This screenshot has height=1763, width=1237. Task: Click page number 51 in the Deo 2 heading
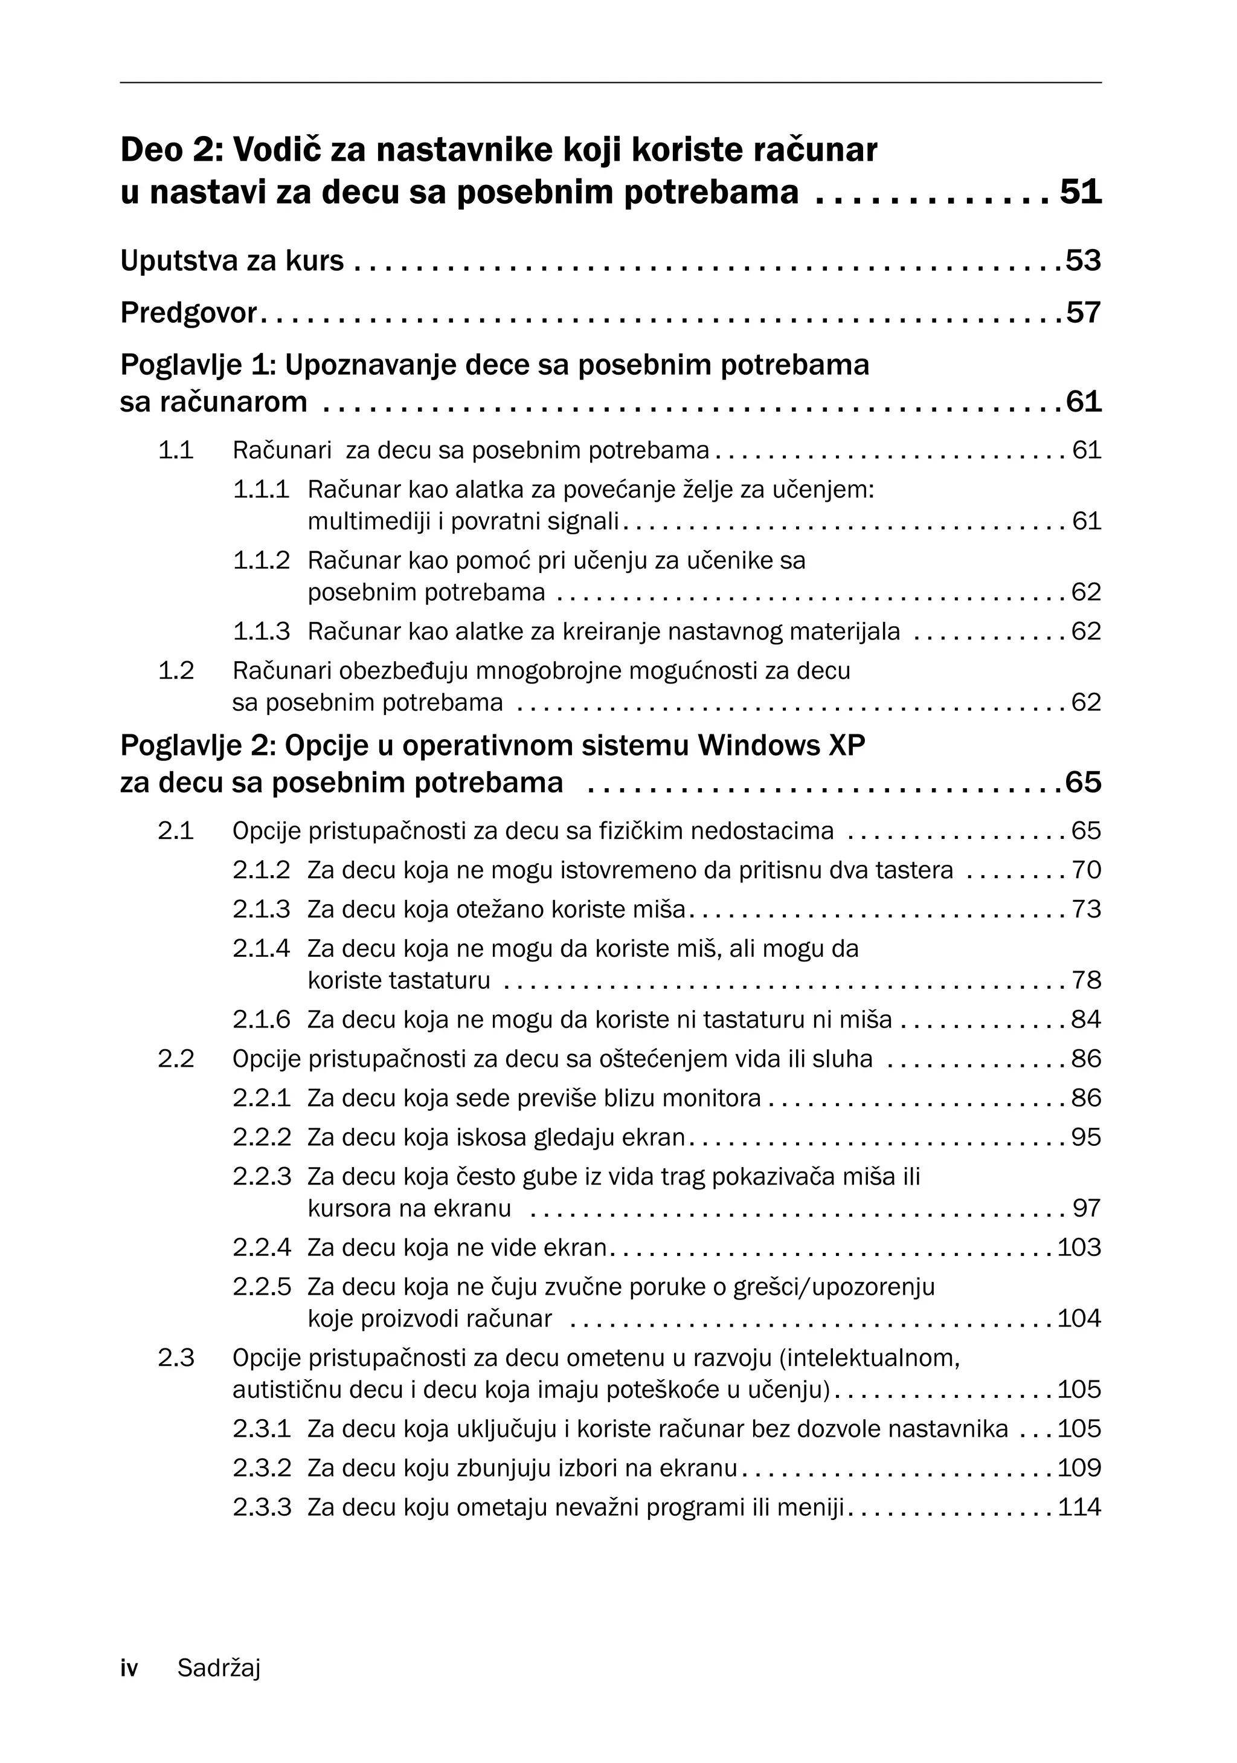tap(1081, 192)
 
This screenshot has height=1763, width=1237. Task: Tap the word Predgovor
tap(188, 313)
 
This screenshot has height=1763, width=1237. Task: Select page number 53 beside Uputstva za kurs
tap(1084, 261)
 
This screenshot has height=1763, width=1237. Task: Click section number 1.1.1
tap(262, 489)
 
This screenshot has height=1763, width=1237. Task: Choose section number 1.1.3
tap(262, 631)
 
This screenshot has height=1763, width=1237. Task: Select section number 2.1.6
tap(262, 1020)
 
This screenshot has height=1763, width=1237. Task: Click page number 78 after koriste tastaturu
tap(1086, 980)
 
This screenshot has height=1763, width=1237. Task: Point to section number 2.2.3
tap(262, 1176)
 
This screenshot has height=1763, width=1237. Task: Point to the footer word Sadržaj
tap(219, 1669)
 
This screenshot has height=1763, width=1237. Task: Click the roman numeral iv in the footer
tap(129, 1669)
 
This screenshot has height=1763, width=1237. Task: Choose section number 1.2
tap(176, 670)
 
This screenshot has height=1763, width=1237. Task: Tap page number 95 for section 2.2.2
tap(1086, 1137)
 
